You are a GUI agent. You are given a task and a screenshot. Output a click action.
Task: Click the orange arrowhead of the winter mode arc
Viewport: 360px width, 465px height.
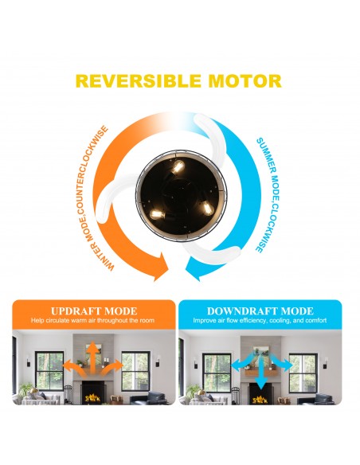pyautogui.click(x=160, y=267)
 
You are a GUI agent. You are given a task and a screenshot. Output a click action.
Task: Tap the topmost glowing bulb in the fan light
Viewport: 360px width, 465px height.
pyautogui.click(x=178, y=167)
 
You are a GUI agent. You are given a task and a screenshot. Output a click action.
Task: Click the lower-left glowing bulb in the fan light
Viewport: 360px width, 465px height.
pyautogui.click(x=158, y=214)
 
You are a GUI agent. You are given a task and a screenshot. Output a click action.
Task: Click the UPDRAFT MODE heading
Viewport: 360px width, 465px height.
pyautogui.click(x=94, y=311)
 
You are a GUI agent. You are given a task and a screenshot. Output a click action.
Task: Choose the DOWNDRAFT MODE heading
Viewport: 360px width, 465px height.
pyautogui.click(x=260, y=311)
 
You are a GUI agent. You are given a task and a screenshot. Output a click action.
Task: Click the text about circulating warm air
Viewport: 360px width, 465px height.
pyautogui.click(x=92, y=320)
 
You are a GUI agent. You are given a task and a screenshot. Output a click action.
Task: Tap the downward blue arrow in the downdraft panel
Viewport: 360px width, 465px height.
pyautogui.click(x=260, y=371)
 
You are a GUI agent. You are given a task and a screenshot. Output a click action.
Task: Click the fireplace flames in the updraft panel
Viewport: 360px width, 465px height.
pyautogui.click(x=92, y=397)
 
